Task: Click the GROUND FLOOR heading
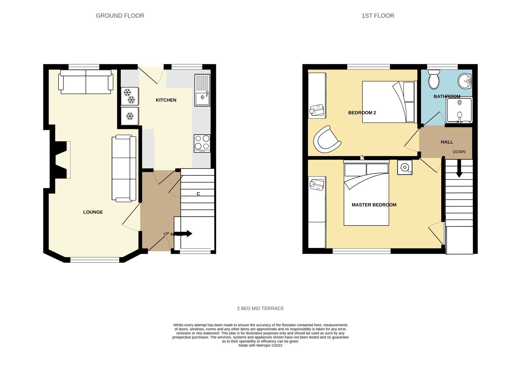pyautogui.click(x=120, y=16)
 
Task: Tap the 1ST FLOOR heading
pyautogui.click(x=378, y=16)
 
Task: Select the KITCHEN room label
pyautogui.click(x=166, y=100)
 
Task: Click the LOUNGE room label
pyautogui.click(x=93, y=212)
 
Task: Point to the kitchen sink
pyautogui.click(x=202, y=90)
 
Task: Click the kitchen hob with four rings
pyautogui.click(x=202, y=143)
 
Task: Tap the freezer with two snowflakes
pyautogui.click(x=130, y=96)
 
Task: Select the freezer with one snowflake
pyautogui.click(x=130, y=116)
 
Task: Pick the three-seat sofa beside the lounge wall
pyautogui.click(x=124, y=168)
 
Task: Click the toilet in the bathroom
pyautogui.click(x=434, y=79)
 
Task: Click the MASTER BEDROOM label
pyautogui.click(x=374, y=205)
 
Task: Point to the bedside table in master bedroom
pyautogui.click(x=404, y=167)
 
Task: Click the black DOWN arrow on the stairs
pyautogui.click(x=459, y=169)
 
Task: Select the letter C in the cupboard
pyautogui.click(x=198, y=194)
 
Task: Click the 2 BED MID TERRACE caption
pyautogui.click(x=260, y=308)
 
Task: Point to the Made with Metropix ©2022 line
pyautogui.click(x=260, y=345)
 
